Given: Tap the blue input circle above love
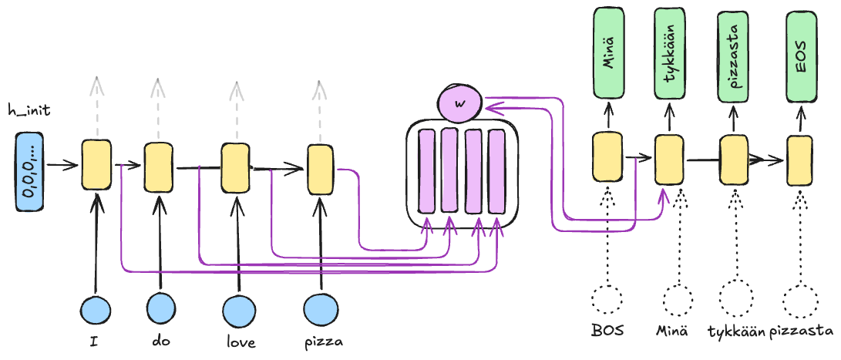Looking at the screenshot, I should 238,310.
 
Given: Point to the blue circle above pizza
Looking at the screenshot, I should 320,310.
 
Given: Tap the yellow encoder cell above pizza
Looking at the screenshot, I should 320,170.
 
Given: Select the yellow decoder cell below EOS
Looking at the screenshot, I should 799,160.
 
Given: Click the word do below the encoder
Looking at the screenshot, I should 159,340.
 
